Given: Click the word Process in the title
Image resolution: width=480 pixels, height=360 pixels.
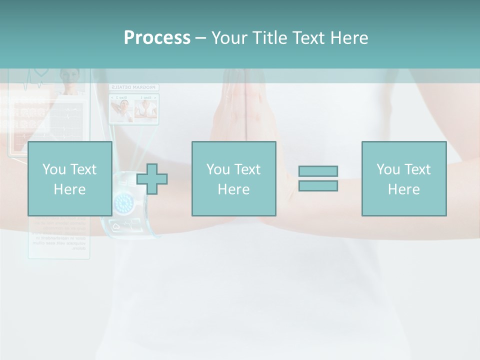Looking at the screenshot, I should (157, 38).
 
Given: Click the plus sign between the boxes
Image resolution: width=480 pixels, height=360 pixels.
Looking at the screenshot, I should (152, 179).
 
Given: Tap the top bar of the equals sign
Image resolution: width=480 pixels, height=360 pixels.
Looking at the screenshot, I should (318, 171).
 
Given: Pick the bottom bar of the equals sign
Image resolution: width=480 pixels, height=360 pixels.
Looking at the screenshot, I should (318, 185).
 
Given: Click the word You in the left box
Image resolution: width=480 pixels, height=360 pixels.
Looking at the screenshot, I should (54, 169).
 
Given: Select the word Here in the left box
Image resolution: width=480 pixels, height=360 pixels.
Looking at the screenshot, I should (69, 189).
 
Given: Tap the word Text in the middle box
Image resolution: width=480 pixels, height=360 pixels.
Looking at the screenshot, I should (247, 169).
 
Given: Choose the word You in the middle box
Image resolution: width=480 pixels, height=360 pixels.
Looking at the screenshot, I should (218, 169).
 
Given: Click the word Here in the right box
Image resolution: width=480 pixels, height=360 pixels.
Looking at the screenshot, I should (403, 189).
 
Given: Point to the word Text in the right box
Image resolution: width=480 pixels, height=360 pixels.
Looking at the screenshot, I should (417, 169).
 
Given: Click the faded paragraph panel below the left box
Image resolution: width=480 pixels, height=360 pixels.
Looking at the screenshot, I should (59, 237).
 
